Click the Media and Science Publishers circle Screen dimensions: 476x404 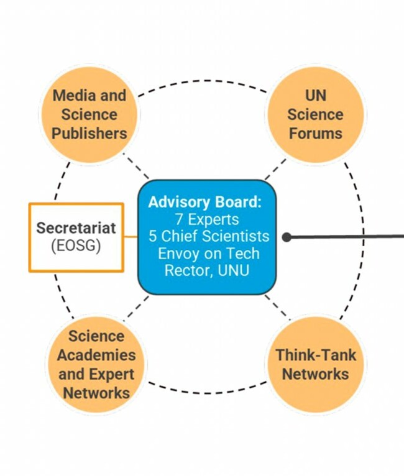[x=90, y=114]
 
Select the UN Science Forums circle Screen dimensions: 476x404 [x=315, y=114]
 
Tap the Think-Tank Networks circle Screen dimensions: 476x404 [x=315, y=365]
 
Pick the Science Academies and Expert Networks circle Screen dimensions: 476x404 [x=96, y=365]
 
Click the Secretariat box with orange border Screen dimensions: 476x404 [x=76, y=237]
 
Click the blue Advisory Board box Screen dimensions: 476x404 [x=207, y=237]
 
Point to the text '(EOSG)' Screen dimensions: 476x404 [x=76, y=245]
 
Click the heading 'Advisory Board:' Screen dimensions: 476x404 [x=204, y=203]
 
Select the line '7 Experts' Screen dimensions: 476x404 [x=207, y=219]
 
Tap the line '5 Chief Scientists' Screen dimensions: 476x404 [x=209, y=237]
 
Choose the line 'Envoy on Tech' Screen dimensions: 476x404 [x=209, y=254]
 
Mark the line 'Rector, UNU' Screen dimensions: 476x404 [x=206, y=270]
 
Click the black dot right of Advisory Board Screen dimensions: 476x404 [x=287, y=237]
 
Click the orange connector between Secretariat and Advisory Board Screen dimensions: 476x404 [x=131, y=237]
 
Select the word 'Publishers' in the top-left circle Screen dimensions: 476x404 [x=90, y=133]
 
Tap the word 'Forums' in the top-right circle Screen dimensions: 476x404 [x=315, y=133]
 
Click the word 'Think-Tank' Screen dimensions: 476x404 [x=315, y=355]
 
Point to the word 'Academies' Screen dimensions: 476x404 [x=96, y=355]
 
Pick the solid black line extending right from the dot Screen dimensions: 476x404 [x=348, y=236]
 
